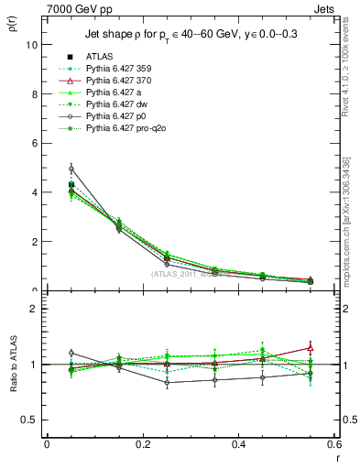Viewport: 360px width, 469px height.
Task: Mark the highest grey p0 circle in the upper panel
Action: tap(71, 169)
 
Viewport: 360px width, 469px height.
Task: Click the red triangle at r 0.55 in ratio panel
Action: tap(310, 347)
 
